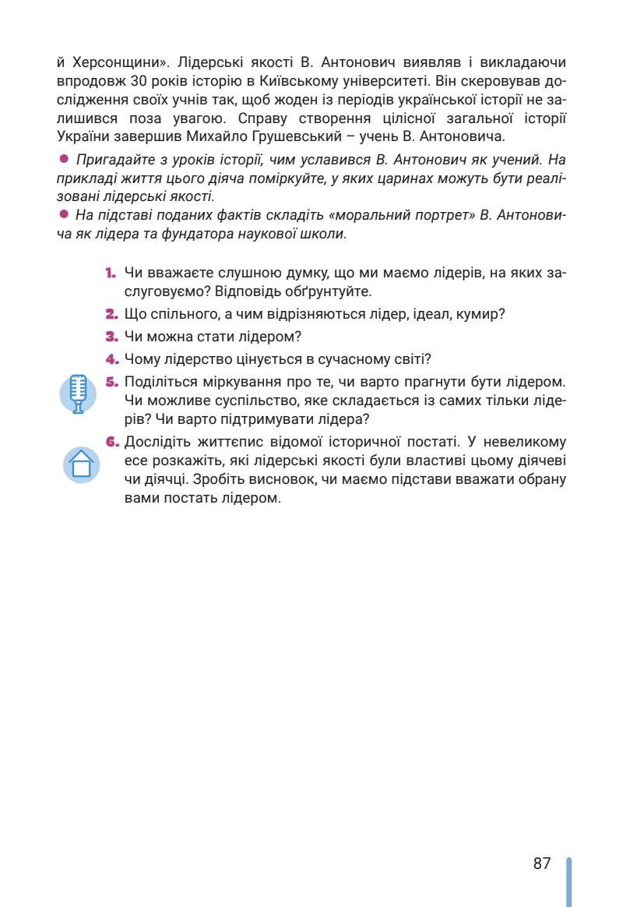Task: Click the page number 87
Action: click(542, 863)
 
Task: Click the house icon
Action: click(81, 464)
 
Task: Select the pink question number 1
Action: click(111, 274)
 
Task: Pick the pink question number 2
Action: click(111, 315)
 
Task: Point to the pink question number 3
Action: click(111, 337)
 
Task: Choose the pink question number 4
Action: click(111, 359)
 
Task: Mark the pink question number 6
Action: click(111, 442)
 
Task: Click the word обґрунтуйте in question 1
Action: click(330, 293)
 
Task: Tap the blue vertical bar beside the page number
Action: click(568, 881)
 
